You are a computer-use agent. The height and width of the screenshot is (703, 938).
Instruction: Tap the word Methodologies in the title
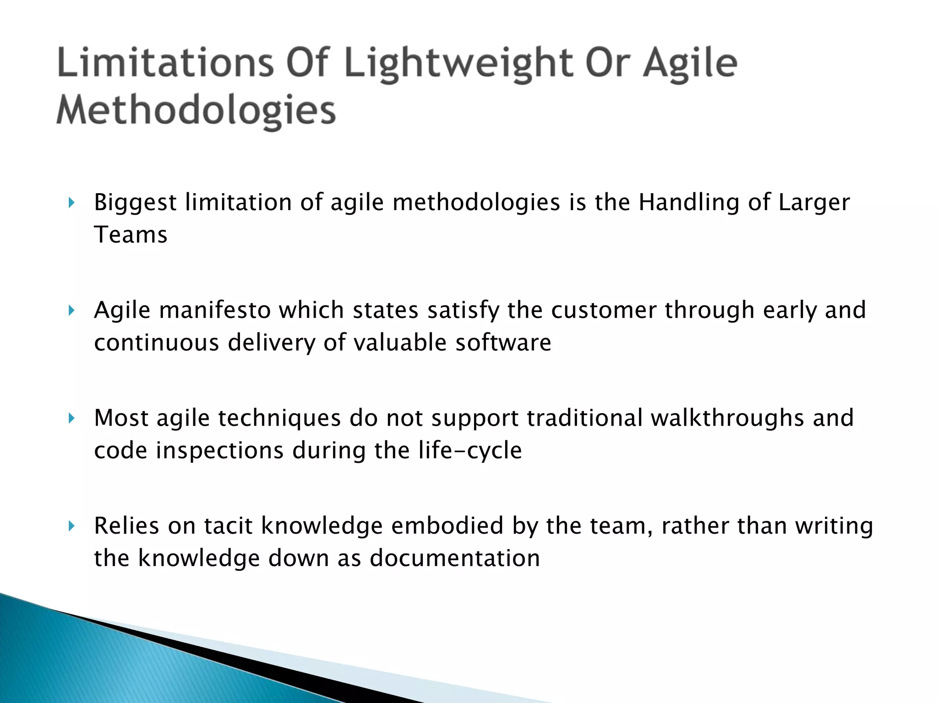pos(196,111)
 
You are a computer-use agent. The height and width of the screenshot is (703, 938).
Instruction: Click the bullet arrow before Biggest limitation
pos(71,203)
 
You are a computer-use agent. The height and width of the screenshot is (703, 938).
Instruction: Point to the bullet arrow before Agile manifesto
pos(71,311)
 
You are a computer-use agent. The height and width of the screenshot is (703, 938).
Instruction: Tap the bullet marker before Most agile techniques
pos(71,418)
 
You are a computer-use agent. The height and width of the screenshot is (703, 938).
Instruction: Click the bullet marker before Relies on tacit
pos(71,526)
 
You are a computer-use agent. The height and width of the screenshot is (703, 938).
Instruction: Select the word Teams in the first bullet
pos(131,235)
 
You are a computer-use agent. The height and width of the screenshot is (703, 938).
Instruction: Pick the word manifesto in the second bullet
pos(215,310)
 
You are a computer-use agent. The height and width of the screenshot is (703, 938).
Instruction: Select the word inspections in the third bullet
pos(219,451)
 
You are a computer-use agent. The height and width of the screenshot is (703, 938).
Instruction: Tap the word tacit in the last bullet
pos(228,526)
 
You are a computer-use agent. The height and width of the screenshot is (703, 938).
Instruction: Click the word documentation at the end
pos(454,558)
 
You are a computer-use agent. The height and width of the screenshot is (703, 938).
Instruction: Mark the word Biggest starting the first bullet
pos(135,203)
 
